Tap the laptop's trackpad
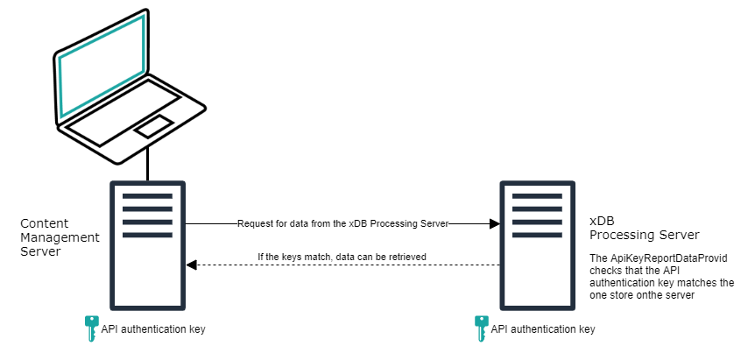(152, 125)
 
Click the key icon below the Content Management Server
(90, 328)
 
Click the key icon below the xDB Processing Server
(480, 328)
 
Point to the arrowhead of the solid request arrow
(494, 224)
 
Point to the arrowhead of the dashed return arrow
(191, 264)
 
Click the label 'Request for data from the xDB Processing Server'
(342, 224)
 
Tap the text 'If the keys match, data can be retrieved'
(342, 257)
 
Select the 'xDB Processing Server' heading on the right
(644, 229)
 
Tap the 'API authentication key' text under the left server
(152, 329)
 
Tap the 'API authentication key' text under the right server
(542, 329)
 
